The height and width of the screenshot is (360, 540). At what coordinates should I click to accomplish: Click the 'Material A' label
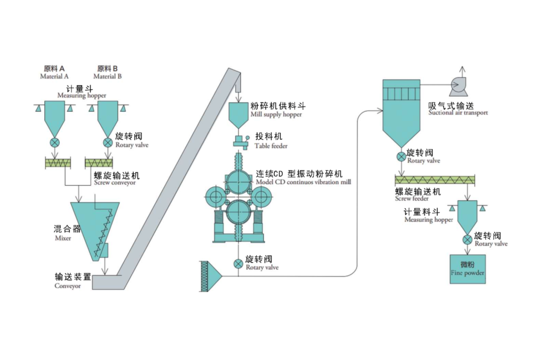pyautogui.click(x=54, y=76)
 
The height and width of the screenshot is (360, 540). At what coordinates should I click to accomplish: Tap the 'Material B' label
pyautogui.click(x=107, y=76)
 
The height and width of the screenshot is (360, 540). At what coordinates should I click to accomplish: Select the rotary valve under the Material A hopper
pyautogui.click(x=55, y=143)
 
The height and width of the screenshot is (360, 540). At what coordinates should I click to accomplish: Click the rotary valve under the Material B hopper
pyautogui.click(x=108, y=143)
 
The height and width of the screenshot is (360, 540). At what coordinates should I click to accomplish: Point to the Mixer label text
pyautogui.click(x=63, y=238)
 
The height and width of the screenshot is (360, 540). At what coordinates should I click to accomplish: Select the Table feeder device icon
pyautogui.click(x=240, y=142)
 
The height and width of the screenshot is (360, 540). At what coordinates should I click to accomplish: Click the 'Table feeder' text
pyautogui.click(x=271, y=146)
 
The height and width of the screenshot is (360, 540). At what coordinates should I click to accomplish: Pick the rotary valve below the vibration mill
pyautogui.click(x=238, y=264)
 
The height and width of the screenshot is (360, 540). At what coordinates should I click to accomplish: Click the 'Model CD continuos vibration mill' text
pyautogui.click(x=303, y=182)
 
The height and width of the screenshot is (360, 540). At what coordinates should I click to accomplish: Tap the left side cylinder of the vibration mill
pyautogui.click(x=216, y=197)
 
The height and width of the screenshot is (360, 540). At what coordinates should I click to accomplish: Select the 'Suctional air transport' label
pyautogui.click(x=458, y=113)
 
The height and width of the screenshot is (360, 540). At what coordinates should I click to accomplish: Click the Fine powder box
pyautogui.click(x=467, y=269)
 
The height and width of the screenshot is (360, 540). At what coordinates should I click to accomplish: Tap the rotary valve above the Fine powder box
pyautogui.click(x=467, y=240)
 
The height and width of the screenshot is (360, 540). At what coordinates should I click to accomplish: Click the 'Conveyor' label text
pyautogui.click(x=67, y=286)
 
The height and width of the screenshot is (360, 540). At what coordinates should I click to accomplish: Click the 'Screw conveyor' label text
pyautogui.click(x=115, y=183)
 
